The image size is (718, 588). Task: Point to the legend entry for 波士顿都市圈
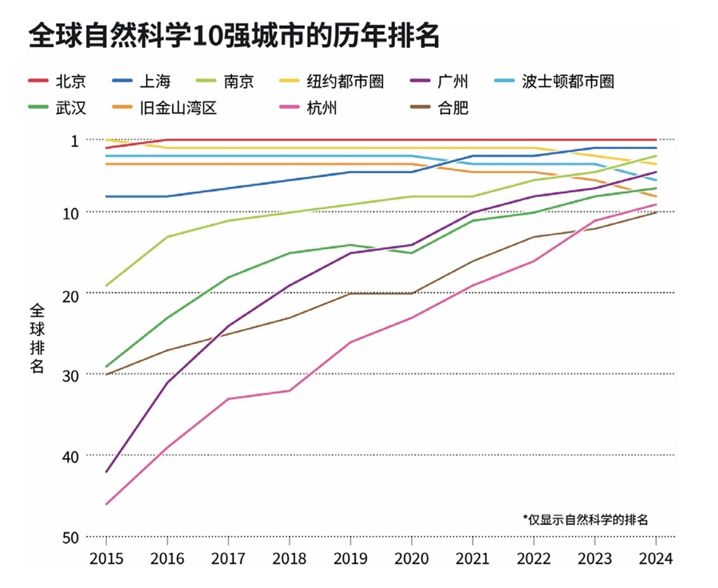click(x=567, y=81)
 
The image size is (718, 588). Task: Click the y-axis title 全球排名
click(x=37, y=337)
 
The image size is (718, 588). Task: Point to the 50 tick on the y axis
click(x=70, y=537)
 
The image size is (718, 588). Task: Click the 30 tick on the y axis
click(x=70, y=374)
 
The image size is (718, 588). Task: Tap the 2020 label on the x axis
click(x=411, y=558)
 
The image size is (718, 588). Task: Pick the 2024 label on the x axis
click(x=656, y=558)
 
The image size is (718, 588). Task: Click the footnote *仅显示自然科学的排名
click(x=586, y=519)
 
